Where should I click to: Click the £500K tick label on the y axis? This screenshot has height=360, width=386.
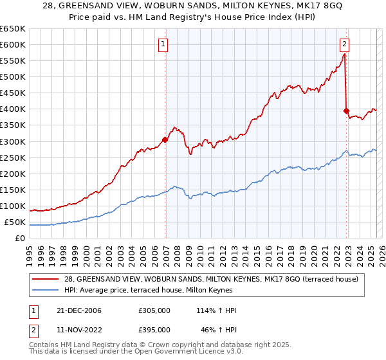pos(12,77)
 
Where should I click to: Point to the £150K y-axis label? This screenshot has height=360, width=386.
pos(12,190)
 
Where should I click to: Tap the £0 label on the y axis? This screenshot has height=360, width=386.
pos(20,239)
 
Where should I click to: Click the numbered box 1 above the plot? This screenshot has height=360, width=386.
pos(163,44)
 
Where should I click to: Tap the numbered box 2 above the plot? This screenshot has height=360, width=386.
pos(345,44)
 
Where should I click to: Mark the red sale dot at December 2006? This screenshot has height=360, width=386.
pos(165,139)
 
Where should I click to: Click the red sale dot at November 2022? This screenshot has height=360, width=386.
pos(346,110)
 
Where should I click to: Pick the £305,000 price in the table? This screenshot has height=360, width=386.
pos(154,310)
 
